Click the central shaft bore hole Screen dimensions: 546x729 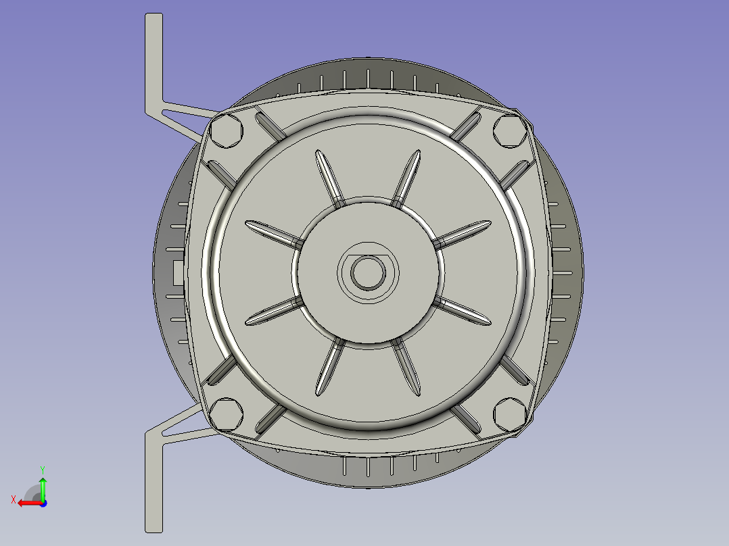click(x=369, y=272)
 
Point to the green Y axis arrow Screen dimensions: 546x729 click(x=43, y=487)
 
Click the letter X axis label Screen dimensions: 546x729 click(x=13, y=499)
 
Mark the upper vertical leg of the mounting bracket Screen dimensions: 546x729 click(x=154, y=61)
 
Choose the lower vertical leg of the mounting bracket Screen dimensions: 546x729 click(x=154, y=483)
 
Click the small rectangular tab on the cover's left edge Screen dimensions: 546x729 click(x=177, y=272)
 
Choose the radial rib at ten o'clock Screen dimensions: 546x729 click(x=272, y=231)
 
